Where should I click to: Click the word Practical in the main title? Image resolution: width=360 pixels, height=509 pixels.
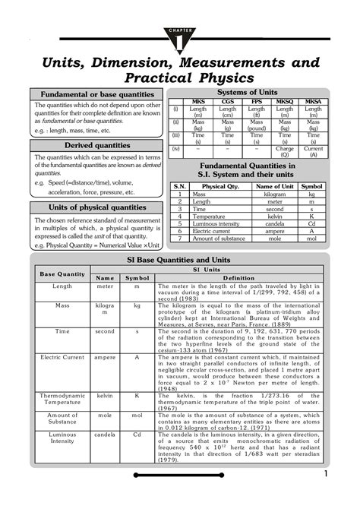pos(159,79)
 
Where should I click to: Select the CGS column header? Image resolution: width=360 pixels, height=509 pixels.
pos(228,101)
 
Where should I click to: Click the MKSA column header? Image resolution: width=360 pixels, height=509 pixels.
pos(313,101)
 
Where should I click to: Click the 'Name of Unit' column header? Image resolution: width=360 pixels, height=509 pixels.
pos(274,186)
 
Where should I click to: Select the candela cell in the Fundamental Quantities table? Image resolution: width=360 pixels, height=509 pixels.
pos(274,224)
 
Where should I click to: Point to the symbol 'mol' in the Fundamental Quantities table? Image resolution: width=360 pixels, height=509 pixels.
pos(311,239)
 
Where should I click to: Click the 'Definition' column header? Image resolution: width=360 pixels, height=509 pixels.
pos(238,278)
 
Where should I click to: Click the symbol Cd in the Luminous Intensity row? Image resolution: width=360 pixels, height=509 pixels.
pos(137,435)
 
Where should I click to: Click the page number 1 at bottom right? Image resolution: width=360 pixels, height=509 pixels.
pos(326,474)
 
